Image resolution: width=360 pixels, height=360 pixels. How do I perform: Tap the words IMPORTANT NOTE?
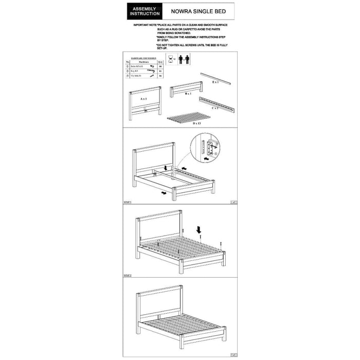coord(145,24)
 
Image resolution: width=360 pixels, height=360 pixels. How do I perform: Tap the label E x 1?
coord(215,82)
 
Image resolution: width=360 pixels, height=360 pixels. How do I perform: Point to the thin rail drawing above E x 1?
coord(216,76)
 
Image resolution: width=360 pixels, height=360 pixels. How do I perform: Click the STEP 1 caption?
coord(128,203)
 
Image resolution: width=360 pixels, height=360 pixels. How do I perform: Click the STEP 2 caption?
coord(128,276)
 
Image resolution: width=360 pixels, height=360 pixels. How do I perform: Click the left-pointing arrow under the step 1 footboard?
coord(164,193)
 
